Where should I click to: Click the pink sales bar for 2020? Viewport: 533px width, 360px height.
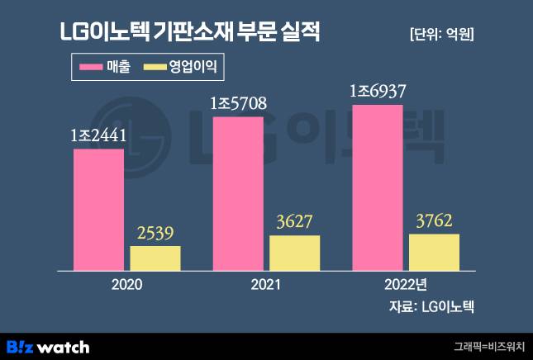pos(99,210)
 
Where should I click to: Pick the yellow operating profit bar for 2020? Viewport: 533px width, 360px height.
pos(155,258)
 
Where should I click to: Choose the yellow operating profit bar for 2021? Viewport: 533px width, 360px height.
pos(295,253)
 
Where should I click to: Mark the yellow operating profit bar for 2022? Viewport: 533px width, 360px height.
pos(434,253)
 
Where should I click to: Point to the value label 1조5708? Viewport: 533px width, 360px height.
pos(238,105)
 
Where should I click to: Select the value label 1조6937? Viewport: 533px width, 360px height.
pos(378,92)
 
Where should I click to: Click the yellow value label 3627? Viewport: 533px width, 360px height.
pos(295,224)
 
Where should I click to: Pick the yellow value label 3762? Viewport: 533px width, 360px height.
pos(434,222)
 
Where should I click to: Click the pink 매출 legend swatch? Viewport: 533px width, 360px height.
pos(89,66)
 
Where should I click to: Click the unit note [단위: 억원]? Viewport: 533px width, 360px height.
pos(442,35)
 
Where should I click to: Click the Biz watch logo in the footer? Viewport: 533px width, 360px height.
pos(48,347)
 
